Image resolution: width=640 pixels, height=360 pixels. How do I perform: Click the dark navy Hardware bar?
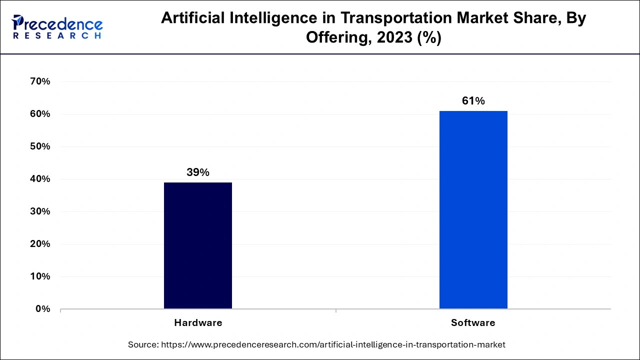(198, 245)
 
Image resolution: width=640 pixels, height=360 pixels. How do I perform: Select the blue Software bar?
(473, 209)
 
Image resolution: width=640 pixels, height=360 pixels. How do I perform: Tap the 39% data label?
(198, 172)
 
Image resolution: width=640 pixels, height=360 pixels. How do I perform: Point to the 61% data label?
(473, 101)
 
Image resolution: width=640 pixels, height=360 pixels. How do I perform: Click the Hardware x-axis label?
(198, 323)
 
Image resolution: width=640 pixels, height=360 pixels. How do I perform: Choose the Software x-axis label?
(473, 323)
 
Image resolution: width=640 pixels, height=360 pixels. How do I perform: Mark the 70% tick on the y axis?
(40, 81)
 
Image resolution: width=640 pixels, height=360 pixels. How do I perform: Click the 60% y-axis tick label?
(40, 114)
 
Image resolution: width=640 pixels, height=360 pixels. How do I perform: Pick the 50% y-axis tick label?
(40, 146)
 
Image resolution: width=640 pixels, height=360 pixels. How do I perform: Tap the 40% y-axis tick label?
(40, 179)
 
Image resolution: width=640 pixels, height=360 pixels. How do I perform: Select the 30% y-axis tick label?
(40, 211)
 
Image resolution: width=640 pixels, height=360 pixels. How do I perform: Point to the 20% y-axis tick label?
(40, 244)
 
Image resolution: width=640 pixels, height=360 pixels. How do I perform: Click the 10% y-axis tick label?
(40, 276)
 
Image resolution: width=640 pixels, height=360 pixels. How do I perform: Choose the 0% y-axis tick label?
(42, 309)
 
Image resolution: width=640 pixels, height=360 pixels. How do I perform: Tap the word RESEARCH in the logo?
(57, 36)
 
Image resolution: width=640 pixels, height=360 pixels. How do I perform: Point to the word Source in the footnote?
(143, 344)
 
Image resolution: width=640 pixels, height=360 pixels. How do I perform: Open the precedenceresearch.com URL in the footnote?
(333, 344)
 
